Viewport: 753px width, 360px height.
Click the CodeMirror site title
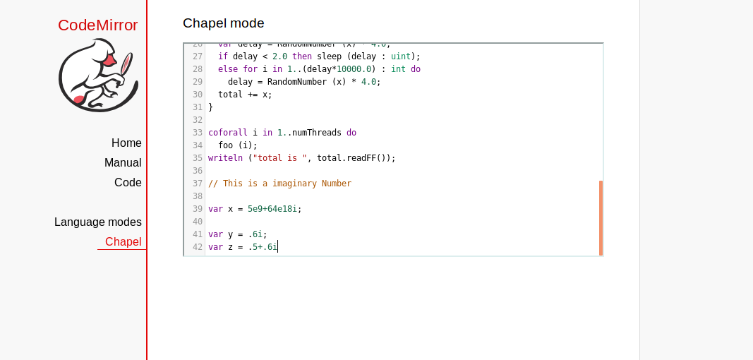(x=97, y=25)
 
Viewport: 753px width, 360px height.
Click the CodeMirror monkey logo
(x=97, y=76)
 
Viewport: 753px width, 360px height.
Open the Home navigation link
(x=126, y=143)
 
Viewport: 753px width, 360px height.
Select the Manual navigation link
(x=123, y=162)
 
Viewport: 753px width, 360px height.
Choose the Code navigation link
(x=128, y=182)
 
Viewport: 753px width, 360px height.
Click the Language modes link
(x=98, y=222)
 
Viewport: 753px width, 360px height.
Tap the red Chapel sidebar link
(x=123, y=241)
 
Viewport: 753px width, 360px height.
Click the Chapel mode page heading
(x=223, y=23)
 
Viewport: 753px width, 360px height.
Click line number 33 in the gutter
(x=197, y=133)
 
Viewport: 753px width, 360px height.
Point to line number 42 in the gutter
(x=197, y=247)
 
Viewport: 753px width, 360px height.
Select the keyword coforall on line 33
(x=228, y=133)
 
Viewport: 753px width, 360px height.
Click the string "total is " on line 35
(x=280, y=158)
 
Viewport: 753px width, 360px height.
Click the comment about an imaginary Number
(x=279, y=184)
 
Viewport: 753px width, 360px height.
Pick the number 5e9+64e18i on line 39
(x=272, y=209)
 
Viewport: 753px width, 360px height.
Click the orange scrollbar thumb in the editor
(x=601, y=217)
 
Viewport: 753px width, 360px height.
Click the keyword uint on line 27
(x=400, y=56)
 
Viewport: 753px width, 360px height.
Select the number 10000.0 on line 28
(x=354, y=69)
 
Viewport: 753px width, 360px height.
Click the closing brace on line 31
(x=210, y=107)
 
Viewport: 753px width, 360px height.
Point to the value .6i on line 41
(x=255, y=234)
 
